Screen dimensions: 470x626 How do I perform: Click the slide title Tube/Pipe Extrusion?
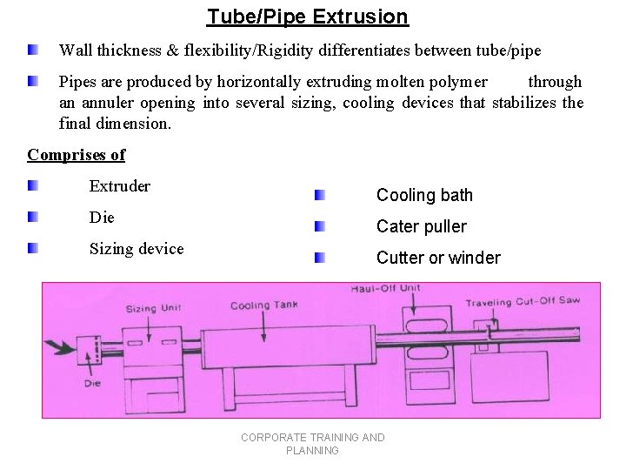tap(307, 17)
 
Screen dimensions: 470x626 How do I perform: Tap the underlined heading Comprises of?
tap(76, 155)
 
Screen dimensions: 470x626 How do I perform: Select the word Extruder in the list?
tap(119, 186)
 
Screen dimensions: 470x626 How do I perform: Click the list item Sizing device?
tap(137, 249)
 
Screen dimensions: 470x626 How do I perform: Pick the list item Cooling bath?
tap(424, 195)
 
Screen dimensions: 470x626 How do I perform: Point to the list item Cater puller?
tap(421, 226)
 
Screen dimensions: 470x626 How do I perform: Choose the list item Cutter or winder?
tap(438, 258)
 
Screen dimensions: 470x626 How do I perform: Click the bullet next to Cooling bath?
tap(320, 195)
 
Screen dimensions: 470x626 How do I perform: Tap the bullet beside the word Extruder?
tap(32, 186)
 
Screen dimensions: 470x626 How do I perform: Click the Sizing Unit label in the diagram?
tap(153, 309)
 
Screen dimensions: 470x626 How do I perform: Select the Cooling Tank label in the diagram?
tap(263, 305)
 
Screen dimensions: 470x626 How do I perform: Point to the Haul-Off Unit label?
tap(386, 288)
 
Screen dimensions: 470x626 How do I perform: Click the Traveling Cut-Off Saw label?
tap(522, 302)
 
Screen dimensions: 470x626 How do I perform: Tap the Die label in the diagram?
tap(93, 383)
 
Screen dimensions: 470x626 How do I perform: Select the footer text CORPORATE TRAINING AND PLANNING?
tap(312, 444)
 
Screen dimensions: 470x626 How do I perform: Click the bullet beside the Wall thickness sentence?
tap(32, 50)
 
